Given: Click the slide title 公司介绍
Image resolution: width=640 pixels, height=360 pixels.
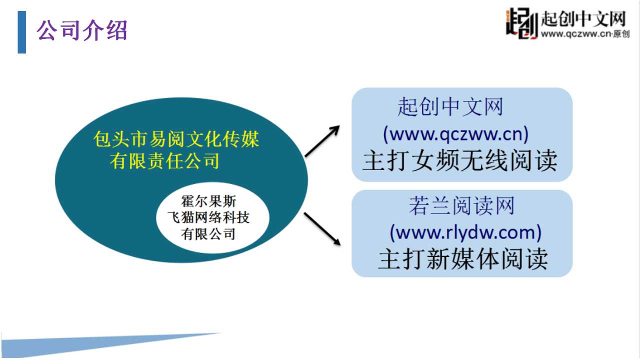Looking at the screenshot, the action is pos(81,30).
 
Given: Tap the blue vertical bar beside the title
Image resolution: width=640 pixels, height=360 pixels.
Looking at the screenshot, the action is pos(21,32).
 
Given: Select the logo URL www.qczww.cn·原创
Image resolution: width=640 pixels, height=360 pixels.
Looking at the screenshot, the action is pos(585,34).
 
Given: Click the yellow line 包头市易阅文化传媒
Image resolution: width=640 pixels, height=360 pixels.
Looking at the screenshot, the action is pos(176,139).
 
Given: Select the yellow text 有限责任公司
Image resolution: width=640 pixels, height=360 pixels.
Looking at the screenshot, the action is pos(164,161).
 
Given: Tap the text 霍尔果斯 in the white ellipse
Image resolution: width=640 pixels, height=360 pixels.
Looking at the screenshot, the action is pos(208,201).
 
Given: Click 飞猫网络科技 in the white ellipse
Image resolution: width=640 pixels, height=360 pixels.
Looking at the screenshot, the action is pos(208,217).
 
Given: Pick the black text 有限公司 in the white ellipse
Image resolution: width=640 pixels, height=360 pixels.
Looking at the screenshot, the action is pos(208,234).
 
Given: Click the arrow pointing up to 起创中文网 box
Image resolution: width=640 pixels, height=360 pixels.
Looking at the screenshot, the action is pos(322,141).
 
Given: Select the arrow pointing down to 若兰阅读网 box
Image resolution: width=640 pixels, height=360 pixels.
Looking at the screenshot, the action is pos(322,229).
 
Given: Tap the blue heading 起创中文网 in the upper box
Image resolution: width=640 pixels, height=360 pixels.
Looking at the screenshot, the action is pos(450,107).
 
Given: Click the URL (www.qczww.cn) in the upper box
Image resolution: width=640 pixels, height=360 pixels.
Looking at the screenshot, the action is pos(455,134).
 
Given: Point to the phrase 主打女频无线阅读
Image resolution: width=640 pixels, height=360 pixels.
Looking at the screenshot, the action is pos(460,160).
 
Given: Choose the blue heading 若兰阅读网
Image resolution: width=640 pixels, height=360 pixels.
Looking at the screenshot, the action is pos(461,205).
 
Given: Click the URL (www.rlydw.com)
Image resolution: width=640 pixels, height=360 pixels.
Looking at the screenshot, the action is pos(465,232).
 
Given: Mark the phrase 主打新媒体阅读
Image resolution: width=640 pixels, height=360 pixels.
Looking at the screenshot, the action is pos(463,259).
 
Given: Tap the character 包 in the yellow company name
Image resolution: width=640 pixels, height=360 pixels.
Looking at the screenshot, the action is pos(102,139).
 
